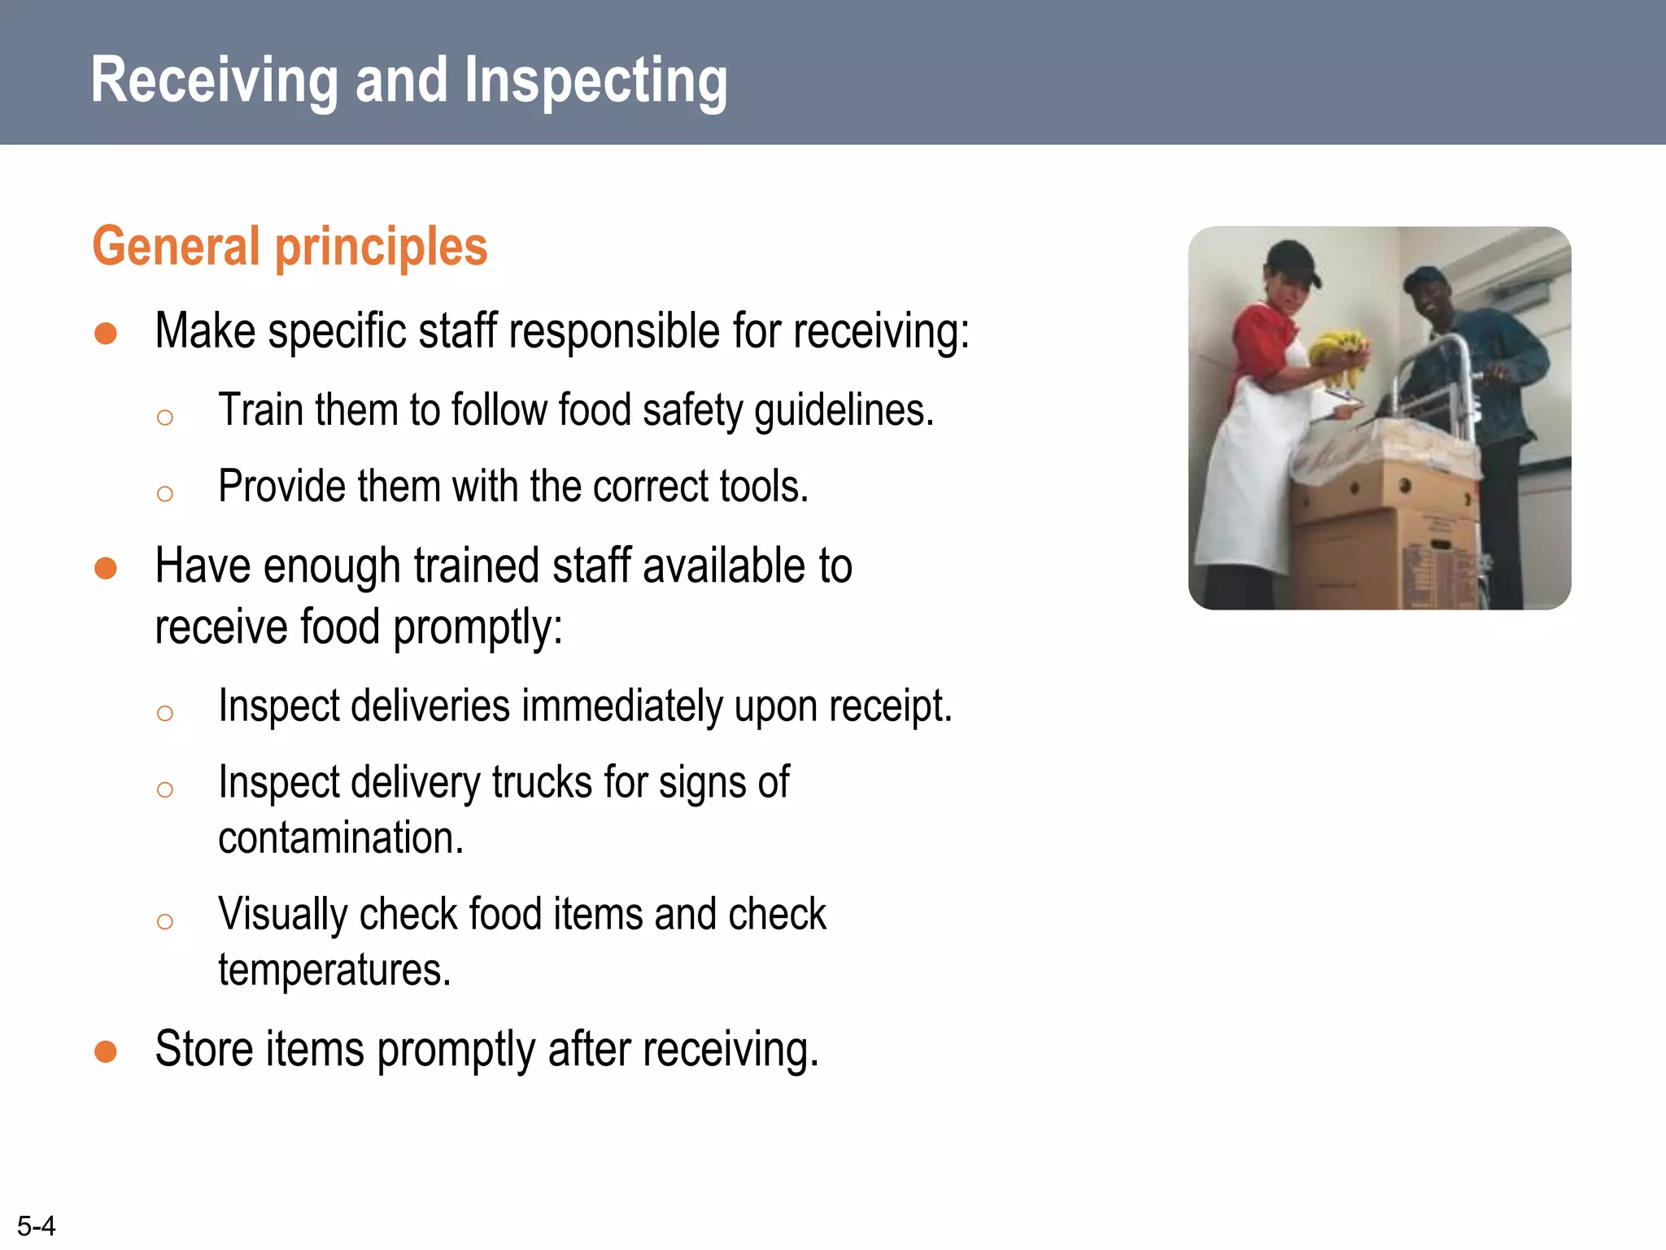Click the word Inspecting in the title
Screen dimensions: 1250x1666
(595, 80)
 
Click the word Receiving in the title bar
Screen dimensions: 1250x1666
(214, 80)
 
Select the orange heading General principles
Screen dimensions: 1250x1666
(290, 246)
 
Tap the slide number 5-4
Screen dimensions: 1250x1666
(36, 1226)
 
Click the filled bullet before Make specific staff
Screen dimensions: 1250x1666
(106, 334)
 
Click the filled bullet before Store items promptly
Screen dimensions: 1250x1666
(106, 1051)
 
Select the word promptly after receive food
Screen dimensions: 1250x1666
(478, 627)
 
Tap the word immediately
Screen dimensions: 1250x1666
(622, 706)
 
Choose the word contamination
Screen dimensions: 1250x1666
(340, 838)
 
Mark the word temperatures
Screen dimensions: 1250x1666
(334, 970)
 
